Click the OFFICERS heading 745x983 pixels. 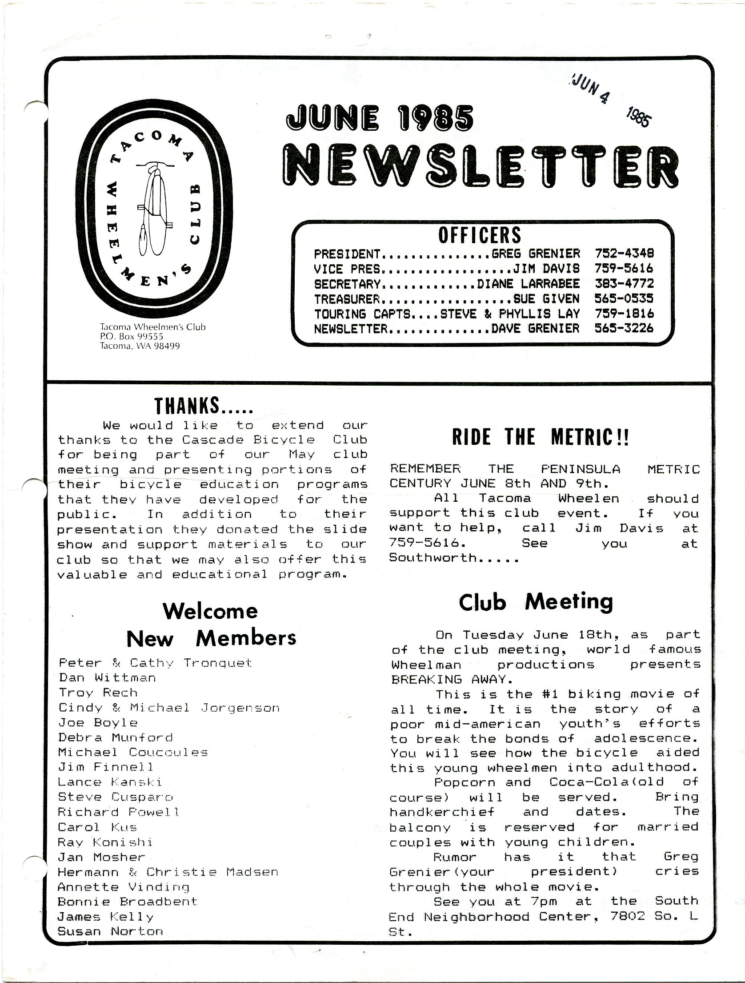point(479,235)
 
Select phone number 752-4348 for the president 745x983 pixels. point(624,254)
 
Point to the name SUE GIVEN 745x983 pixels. point(546,298)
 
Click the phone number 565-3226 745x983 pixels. point(624,328)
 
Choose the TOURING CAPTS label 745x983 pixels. point(362,314)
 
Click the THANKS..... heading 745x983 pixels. point(204,406)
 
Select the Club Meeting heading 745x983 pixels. point(536,603)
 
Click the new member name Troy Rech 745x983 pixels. point(98,693)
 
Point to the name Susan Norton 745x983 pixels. point(110,931)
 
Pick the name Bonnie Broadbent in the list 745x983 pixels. point(127,902)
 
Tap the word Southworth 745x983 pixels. point(433,558)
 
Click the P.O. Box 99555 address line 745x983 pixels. point(132,337)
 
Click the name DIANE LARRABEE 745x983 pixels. point(528,284)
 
